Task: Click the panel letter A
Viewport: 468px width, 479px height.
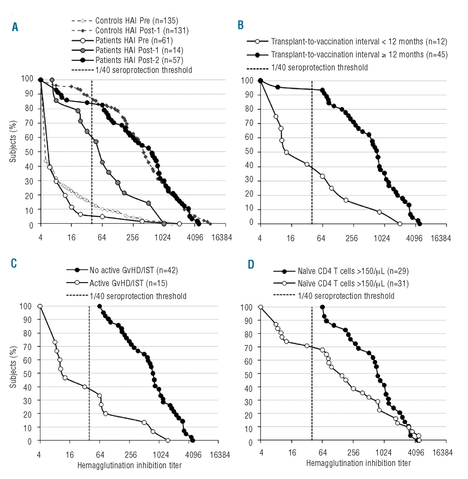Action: tap(15, 27)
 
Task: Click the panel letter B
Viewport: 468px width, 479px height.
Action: tap(241, 25)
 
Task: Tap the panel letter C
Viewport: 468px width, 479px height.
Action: tap(14, 263)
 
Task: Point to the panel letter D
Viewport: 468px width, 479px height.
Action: tap(250, 265)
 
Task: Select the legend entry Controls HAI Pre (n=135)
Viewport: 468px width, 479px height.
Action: tap(136, 21)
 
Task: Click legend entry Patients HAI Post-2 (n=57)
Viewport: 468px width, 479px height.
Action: tap(139, 60)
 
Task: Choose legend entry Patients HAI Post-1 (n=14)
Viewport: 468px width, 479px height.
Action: tap(139, 50)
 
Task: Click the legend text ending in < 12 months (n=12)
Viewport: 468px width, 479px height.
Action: tap(359, 42)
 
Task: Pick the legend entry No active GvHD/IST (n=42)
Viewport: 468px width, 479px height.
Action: tap(133, 270)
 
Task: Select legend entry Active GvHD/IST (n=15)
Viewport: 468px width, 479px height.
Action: tap(128, 283)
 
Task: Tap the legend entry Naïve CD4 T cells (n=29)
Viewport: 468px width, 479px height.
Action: tap(353, 271)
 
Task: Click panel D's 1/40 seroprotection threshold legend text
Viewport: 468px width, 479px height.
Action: tap(346, 296)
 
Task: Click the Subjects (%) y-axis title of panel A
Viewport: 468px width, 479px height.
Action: tap(13, 141)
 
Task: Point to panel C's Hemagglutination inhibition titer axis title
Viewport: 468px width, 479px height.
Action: tap(129, 466)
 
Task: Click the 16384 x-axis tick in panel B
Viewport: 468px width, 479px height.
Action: tap(440, 238)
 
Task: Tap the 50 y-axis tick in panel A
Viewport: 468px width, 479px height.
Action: tap(29, 152)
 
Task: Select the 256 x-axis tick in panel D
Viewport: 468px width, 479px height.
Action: tap(353, 453)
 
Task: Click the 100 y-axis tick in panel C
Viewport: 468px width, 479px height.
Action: tap(25, 306)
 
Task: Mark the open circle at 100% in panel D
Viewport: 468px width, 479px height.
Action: tap(261, 307)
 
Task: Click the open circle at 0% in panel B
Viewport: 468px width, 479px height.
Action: tap(400, 224)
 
